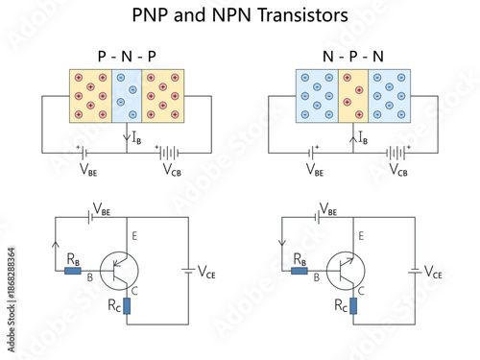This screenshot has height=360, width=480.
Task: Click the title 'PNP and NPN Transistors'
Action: click(240, 16)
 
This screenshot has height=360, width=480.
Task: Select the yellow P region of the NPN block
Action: click(353, 97)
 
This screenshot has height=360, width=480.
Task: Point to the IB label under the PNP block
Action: click(135, 141)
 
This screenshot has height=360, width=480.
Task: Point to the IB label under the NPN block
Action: click(362, 141)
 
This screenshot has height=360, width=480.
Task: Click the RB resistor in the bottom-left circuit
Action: click(72, 271)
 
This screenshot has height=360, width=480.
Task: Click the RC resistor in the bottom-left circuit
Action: click(127, 305)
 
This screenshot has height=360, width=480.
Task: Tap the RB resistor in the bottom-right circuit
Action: click(299, 271)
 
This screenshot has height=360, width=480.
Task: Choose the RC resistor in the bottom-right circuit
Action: click(353, 305)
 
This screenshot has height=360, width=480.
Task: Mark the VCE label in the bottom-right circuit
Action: click(434, 273)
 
